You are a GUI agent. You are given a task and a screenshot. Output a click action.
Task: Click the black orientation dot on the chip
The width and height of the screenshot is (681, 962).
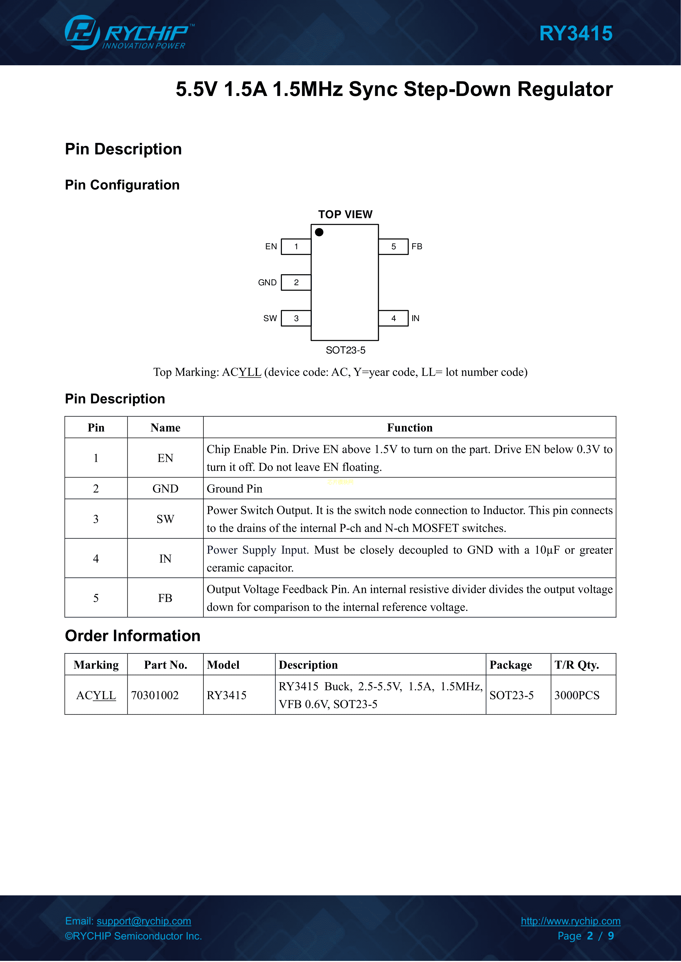tap(319, 232)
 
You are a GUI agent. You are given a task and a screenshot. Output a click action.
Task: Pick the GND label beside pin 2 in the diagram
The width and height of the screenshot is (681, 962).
tap(267, 282)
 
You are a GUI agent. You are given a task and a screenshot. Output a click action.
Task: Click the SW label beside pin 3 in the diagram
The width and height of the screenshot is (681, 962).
tap(270, 318)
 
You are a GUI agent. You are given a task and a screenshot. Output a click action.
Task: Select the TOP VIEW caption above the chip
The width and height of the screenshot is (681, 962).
tap(345, 214)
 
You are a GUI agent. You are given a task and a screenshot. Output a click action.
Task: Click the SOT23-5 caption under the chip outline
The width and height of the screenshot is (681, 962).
tap(346, 350)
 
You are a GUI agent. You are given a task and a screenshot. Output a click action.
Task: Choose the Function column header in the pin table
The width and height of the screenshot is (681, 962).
tap(409, 428)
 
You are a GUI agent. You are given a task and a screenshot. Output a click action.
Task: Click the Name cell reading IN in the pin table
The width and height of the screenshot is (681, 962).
tap(165, 559)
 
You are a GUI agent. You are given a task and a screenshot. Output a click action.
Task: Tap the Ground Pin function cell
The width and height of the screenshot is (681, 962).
tap(234, 489)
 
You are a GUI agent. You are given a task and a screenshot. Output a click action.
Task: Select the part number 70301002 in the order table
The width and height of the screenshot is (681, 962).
tap(155, 695)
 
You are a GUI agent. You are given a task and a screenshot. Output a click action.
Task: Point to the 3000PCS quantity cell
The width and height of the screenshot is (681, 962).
tap(577, 695)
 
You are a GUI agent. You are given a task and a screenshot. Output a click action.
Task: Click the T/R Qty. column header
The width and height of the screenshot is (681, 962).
tap(577, 665)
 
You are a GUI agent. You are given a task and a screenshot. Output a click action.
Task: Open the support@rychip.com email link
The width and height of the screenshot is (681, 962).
tap(144, 921)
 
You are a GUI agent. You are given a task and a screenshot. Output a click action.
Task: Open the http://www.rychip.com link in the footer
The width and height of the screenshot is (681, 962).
tap(570, 921)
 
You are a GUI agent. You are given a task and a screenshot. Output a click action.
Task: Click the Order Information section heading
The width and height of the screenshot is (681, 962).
tap(133, 636)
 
